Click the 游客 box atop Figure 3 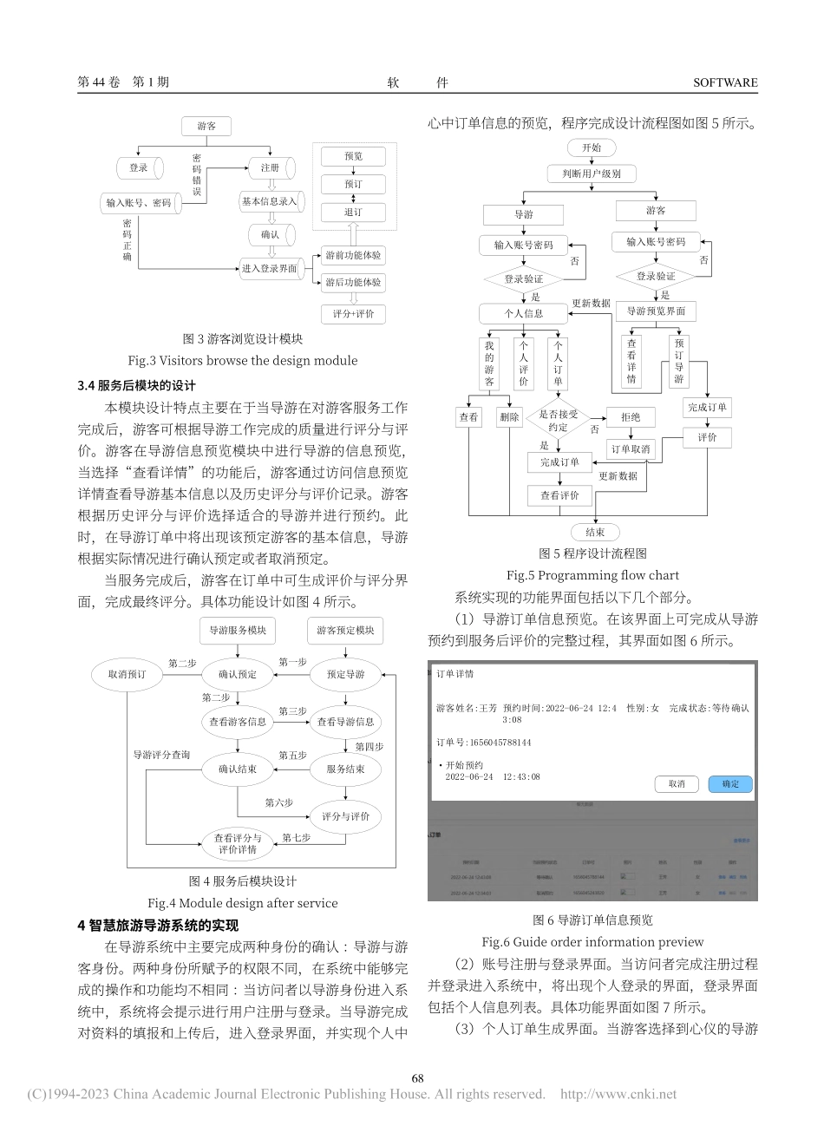(206, 127)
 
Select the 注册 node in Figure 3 (270, 167)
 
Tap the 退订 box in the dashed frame (353, 212)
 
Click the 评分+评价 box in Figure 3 (353, 314)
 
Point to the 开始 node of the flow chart (592, 147)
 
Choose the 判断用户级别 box (592, 173)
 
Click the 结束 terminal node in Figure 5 (595, 532)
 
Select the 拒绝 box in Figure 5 (631, 418)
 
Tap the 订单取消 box (631, 449)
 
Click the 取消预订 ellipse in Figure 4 (127, 674)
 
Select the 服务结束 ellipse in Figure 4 (345, 769)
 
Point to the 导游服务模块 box (237, 631)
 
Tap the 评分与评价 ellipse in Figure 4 (345, 816)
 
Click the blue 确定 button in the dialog (730, 783)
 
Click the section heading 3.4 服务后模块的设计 (137, 386)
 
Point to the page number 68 (417, 1078)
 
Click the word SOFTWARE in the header (725, 82)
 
